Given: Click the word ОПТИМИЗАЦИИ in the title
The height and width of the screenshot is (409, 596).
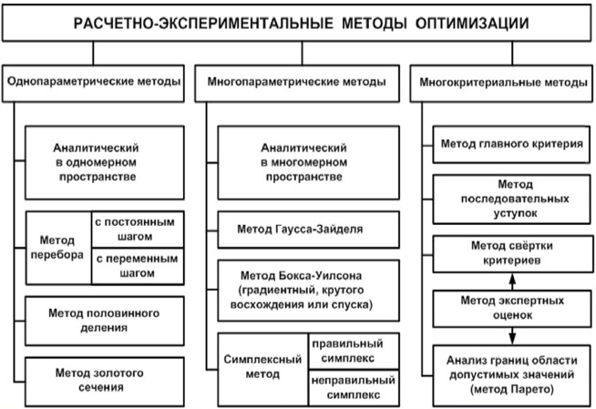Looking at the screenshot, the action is (x=472, y=23).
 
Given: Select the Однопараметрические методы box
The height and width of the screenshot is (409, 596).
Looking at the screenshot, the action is (x=93, y=83).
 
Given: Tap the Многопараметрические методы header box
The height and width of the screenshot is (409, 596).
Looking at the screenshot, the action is (x=297, y=83).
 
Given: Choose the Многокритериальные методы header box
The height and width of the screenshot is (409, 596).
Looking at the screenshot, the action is (x=501, y=83).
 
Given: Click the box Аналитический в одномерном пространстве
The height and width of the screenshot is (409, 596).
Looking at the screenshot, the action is (x=105, y=162).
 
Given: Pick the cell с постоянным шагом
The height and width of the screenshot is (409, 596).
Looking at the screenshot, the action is (x=138, y=230).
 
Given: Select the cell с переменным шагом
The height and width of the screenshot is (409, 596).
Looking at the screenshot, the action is (x=138, y=266).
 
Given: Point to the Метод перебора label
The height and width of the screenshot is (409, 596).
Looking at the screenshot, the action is (x=57, y=247).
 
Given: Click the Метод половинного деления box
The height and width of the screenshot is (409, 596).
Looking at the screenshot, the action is (x=105, y=321).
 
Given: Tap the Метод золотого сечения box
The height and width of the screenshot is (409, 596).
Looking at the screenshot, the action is (x=105, y=382).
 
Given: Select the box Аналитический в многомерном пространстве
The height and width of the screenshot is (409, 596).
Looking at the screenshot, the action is (x=309, y=162).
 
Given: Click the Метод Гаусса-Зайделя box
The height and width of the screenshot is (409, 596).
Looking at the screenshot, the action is (x=309, y=230).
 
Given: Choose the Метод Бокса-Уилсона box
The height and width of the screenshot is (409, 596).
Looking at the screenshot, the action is (x=309, y=291).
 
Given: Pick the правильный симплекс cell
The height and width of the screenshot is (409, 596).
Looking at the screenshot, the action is (x=354, y=351).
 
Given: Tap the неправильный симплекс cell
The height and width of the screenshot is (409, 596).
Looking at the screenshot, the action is (x=354, y=388).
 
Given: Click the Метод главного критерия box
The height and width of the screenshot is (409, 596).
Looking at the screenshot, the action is (x=511, y=145).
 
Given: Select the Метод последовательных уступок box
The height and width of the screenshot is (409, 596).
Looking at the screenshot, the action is (x=511, y=199).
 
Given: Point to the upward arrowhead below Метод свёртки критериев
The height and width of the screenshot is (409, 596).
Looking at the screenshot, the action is (x=512, y=279).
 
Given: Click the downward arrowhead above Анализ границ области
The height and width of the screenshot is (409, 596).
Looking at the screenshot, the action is (x=512, y=338).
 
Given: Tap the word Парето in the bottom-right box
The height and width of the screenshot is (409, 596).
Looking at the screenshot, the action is (x=530, y=389).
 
